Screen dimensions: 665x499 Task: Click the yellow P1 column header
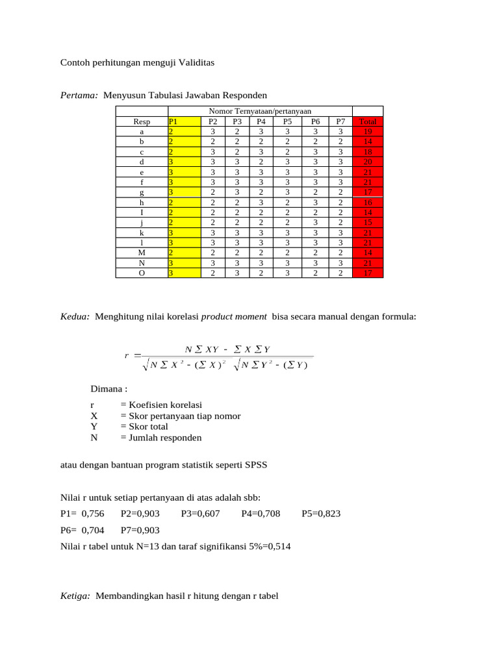coord(184,121)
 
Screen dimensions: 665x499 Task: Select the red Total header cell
coord(368,121)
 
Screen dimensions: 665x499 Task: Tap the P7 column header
coord(340,121)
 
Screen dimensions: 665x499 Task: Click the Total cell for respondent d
coord(368,162)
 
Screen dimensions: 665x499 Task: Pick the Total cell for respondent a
coord(368,131)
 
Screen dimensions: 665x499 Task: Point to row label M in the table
coord(142,253)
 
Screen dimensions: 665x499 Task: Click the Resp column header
coord(142,121)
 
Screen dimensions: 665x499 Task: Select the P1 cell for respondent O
coord(184,273)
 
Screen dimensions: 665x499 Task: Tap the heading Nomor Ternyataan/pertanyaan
coord(259,112)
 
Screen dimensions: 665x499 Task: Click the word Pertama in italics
coord(78,95)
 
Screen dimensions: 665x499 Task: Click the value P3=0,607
coord(201,514)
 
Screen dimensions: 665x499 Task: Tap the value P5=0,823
coord(322,514)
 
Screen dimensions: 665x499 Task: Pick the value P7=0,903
coord(140,530)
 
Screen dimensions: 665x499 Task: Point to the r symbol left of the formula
coord(126,355)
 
